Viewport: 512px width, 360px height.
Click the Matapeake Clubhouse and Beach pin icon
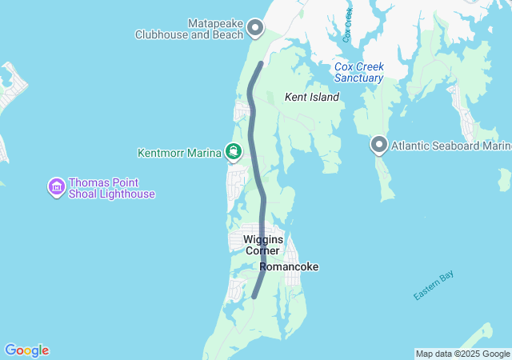(255, 29)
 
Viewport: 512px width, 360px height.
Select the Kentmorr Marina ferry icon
(233, 150)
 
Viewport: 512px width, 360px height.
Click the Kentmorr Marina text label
(179, 153)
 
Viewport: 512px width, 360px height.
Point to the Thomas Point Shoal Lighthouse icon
(56, 187)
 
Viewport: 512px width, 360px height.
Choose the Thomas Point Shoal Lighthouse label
(112, 188)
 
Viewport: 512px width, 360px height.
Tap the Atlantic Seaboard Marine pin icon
(378, 145)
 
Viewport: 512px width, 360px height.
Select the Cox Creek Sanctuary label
(358, 72)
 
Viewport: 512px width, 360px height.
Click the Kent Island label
(312, 97)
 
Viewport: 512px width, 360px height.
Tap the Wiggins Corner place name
(262, 245)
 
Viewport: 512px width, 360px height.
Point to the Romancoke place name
(289, 266)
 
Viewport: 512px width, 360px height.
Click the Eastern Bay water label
(433, 286)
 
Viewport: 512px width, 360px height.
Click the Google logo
(26, 350)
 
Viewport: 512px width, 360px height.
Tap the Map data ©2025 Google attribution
(462, 354)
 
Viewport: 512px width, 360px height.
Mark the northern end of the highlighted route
(261, 63)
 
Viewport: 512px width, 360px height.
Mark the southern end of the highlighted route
(254, 296)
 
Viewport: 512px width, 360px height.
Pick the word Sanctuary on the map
(358, 78)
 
